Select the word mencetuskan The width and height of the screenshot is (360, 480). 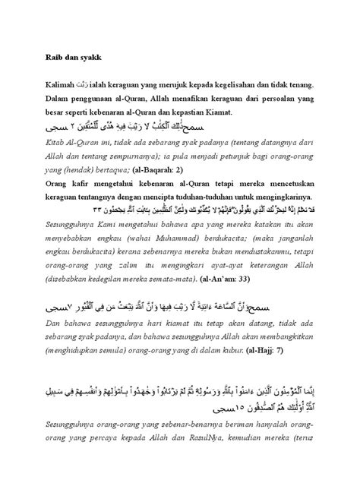(298, 184)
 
